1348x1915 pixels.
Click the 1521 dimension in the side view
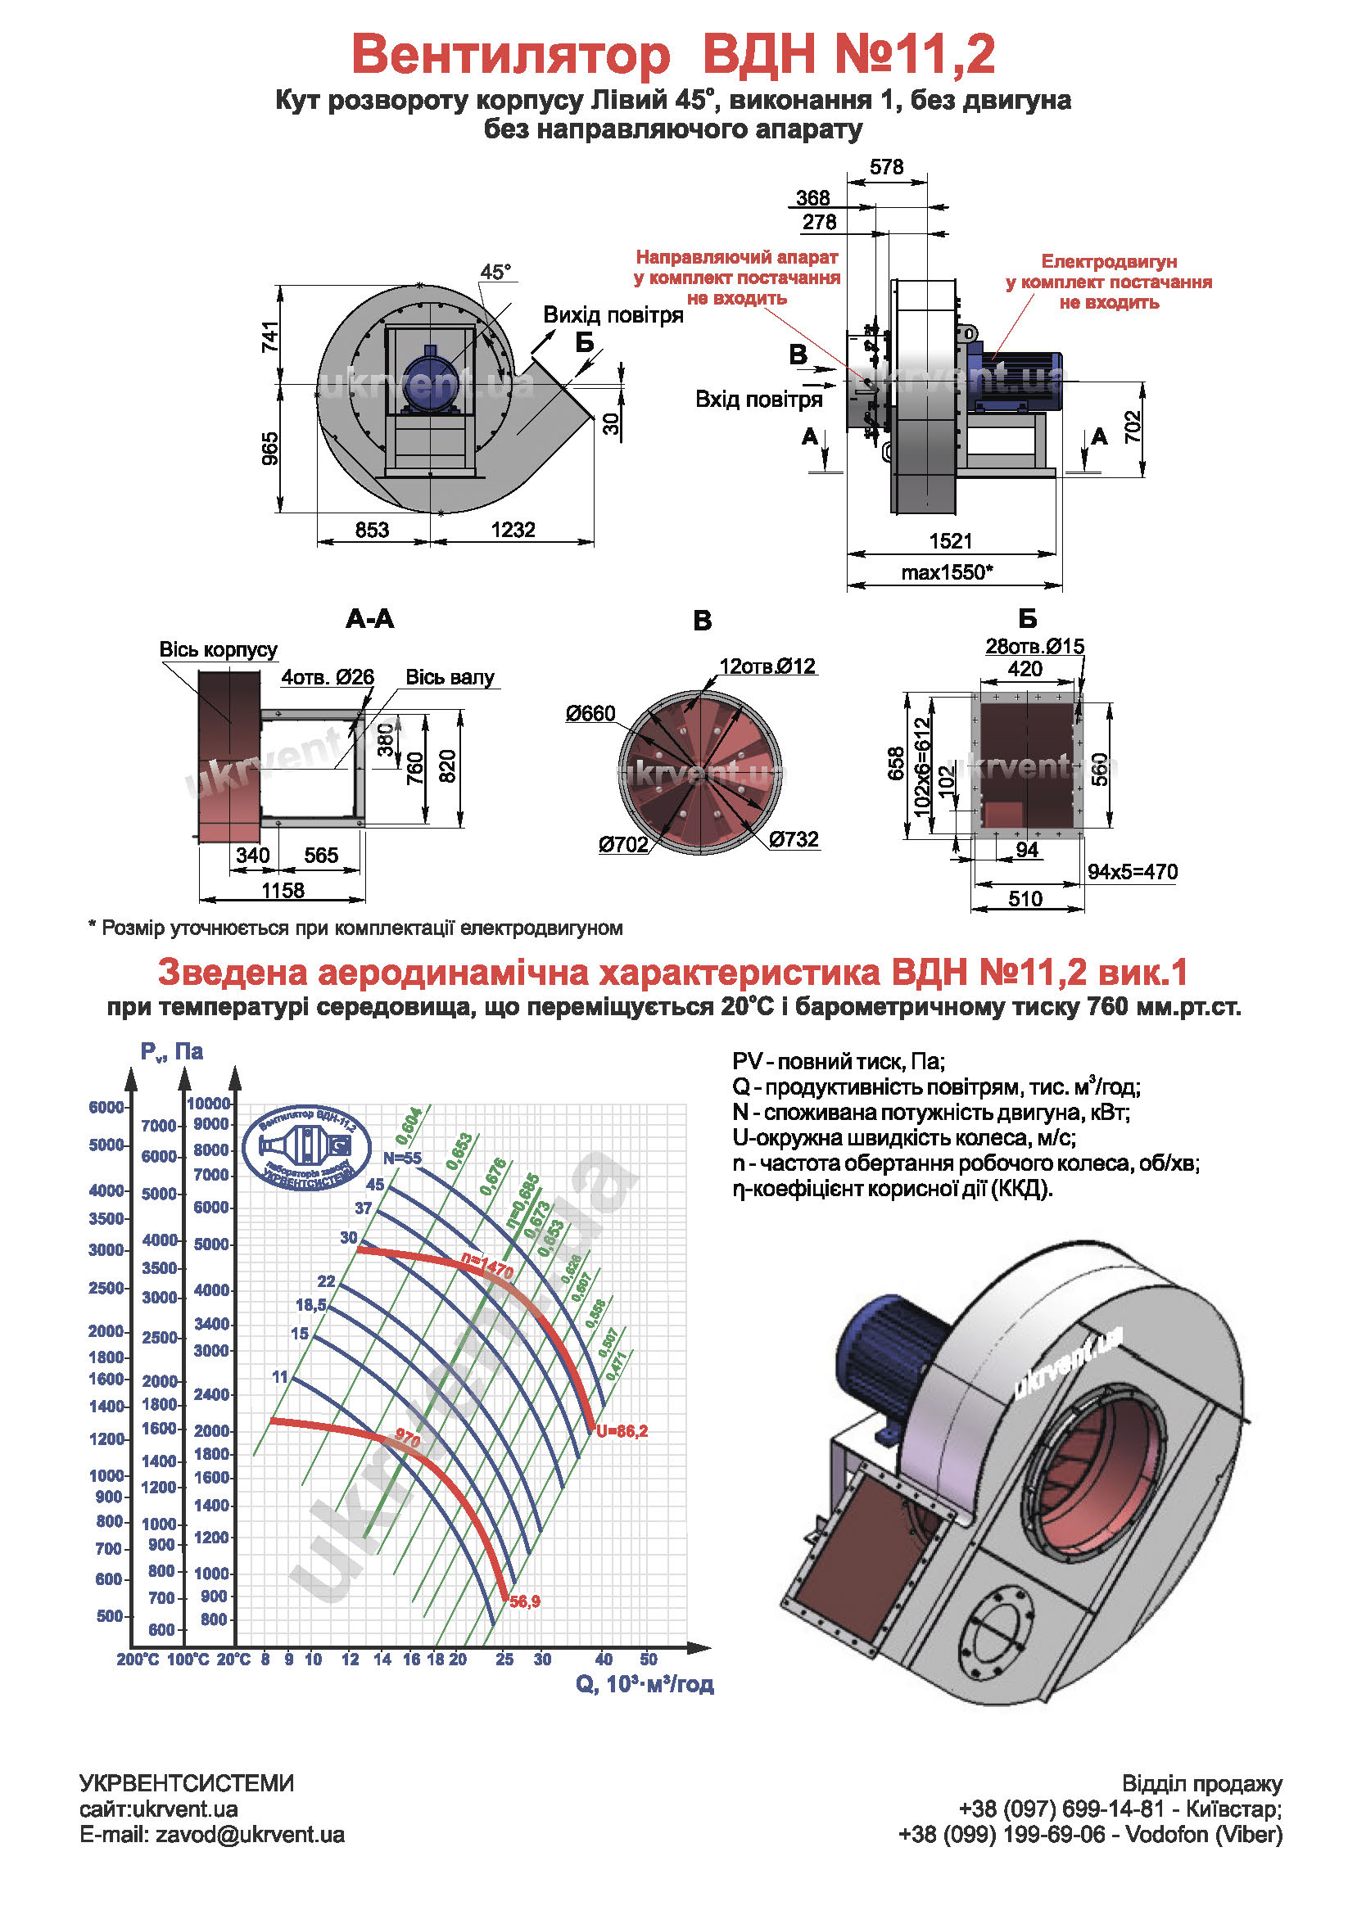[x=950, y=541]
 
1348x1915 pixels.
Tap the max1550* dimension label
[x=947, y=572]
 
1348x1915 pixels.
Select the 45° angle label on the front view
[x=495, y=272]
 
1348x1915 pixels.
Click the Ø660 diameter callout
[x=590, y=713]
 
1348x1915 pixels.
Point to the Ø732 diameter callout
[x=794, y=839]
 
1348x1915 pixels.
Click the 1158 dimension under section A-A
[x=283, y=890]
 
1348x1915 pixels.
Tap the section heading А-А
[x=369, y=619]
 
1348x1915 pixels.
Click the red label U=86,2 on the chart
[x=622, y=1431]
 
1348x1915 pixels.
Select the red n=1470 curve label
[x=487, y=1267]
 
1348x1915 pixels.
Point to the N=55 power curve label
[x=402, y=1158]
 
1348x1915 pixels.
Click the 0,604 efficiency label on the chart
[x=409, y=1126]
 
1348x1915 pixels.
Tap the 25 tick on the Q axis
[x=504, y=1659]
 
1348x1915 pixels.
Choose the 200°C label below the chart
[x=138, y=1660]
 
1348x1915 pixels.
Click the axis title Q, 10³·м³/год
[x=644, y=1684]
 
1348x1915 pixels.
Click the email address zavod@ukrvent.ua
[x=250, y=1834]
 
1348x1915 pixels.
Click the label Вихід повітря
[x=613, y=315]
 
